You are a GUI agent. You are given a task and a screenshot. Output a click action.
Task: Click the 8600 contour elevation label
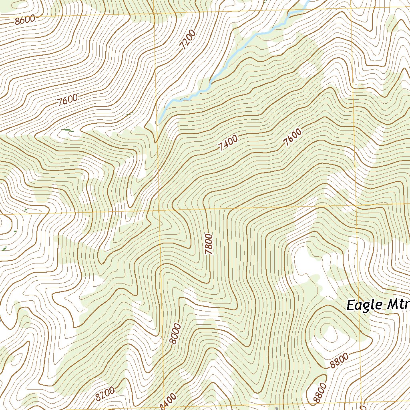(24, 20)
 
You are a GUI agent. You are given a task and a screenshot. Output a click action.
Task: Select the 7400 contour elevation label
(228, 143)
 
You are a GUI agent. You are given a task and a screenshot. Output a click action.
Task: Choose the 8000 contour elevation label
(175, 334)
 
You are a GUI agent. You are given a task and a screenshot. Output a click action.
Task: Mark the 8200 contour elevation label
(105, 394)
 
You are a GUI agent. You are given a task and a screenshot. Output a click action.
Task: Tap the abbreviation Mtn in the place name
(398, 305)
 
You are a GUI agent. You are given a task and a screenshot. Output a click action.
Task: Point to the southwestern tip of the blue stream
(159, 122)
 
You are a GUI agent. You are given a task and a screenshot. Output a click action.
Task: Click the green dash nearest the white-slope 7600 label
(68, 130)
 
